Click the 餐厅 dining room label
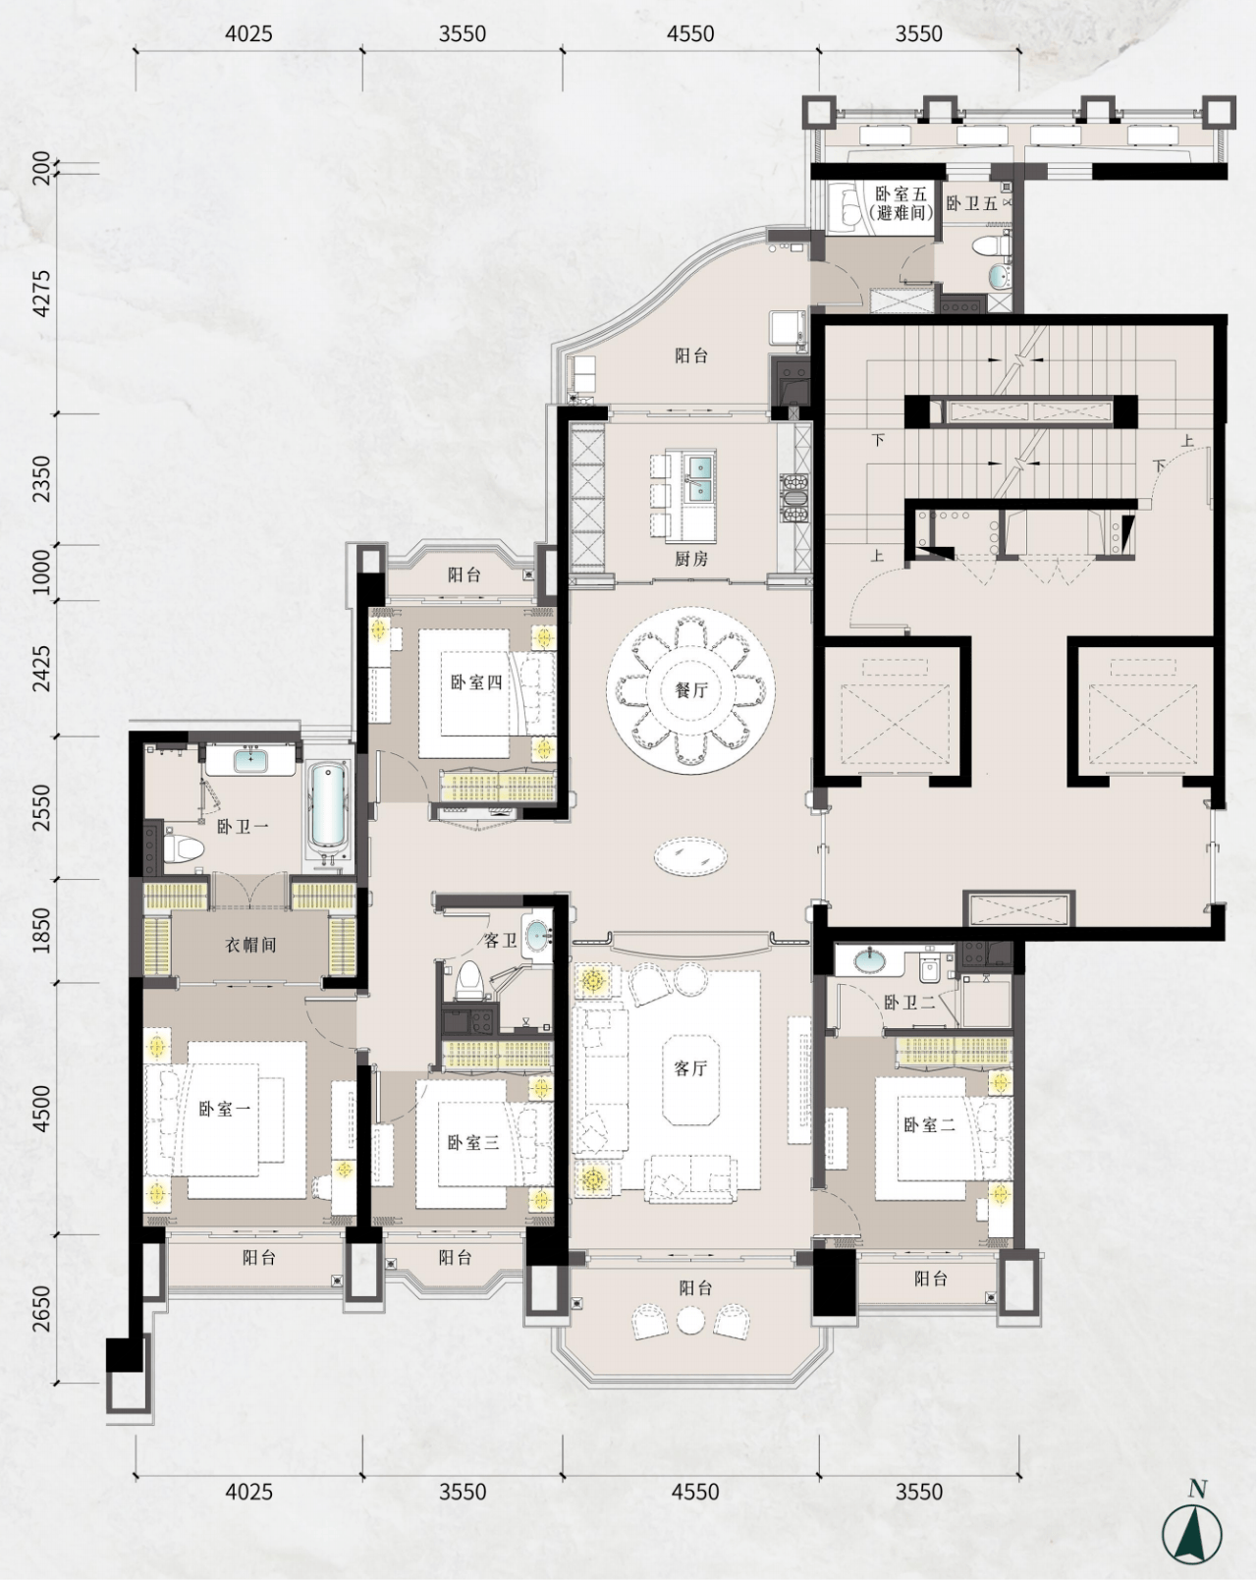tap(691, 690)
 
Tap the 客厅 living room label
tap(691, 1068)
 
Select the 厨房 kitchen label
tap(691, 559)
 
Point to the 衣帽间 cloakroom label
tap(250, 945)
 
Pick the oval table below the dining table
tap(691, 855)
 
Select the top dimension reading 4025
tap(248, 33)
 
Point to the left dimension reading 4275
tap(42, 294)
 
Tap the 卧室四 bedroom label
tap(476, 682)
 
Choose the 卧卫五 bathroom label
tap(971, 203)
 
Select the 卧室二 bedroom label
tap(930, 1124)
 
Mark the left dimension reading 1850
tap(42, 930)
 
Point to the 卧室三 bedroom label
tap(473, 1142)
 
